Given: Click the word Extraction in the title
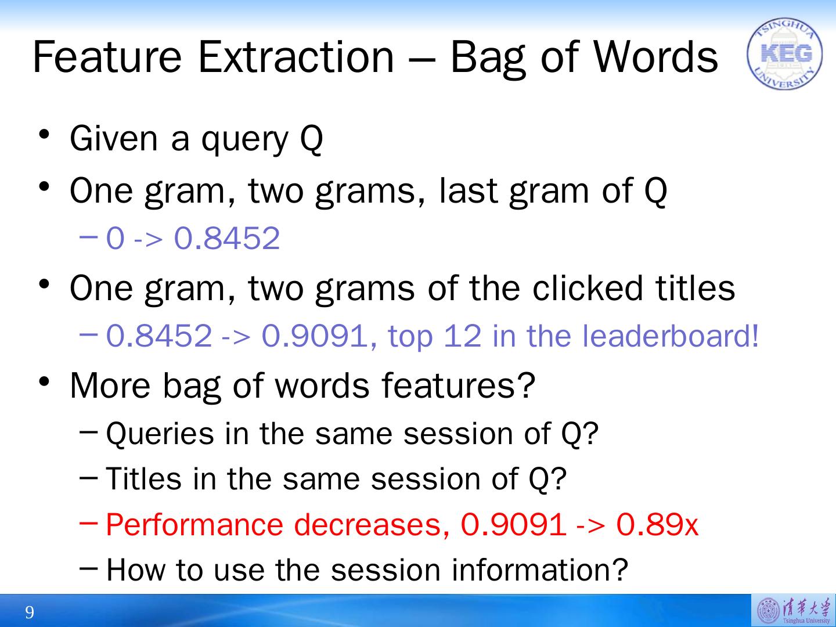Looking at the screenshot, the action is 296,57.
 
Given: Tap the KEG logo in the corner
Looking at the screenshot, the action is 784,53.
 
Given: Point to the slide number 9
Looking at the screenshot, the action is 30,612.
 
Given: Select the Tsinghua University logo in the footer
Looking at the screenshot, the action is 794,610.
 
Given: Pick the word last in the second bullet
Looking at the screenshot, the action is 468,190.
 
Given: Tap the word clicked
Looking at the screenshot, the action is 588,288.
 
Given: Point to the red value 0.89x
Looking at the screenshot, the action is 657,525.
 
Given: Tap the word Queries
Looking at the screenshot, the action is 160,434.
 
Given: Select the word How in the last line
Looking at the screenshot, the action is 136,570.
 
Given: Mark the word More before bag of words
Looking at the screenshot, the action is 110,385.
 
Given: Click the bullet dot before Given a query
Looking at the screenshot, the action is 45,134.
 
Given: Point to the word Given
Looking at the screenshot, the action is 113,139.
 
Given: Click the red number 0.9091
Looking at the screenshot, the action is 513,525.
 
